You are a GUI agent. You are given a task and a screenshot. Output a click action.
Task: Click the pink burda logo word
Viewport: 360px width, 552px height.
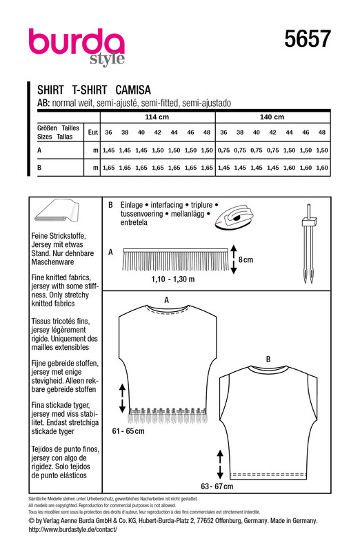point(77,42)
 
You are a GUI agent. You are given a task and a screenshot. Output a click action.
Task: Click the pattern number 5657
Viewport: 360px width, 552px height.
point(308,39)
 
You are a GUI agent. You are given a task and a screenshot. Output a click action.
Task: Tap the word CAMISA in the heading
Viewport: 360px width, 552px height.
point(133,90)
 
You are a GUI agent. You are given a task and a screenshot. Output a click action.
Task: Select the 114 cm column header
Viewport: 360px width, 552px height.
point(157,117)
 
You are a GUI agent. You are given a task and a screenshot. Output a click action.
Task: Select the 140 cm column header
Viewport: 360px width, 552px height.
point(272,117)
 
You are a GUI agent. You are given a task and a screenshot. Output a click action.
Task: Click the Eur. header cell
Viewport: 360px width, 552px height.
point(93,132)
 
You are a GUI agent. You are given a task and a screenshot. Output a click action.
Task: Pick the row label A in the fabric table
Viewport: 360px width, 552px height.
point(39,150)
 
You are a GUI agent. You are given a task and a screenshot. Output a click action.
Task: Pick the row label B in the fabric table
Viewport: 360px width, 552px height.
point(39,168)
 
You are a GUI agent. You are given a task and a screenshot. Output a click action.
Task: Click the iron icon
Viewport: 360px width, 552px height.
point(234,217)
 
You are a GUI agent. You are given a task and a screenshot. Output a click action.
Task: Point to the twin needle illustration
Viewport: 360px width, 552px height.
point(309,244)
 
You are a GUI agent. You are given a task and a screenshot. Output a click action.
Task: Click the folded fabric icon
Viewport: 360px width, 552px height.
point(57,211)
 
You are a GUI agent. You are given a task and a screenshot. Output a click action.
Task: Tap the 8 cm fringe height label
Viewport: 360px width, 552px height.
point(246,260)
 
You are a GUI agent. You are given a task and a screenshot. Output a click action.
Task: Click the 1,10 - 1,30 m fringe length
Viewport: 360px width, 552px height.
point(173,279)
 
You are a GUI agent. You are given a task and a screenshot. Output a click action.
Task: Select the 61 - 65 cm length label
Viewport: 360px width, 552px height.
point(128,431)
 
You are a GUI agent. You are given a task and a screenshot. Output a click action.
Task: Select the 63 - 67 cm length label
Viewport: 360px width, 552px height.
point(217,486)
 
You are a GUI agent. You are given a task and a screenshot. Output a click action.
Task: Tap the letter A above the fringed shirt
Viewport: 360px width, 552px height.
point(166,300)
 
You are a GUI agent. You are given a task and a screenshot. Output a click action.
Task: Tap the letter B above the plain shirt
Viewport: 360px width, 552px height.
point(268,359)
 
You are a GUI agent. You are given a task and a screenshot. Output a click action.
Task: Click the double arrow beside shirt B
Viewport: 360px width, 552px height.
point(220,464)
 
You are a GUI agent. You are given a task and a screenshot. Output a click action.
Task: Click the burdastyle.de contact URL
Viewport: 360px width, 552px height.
point(73,529)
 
